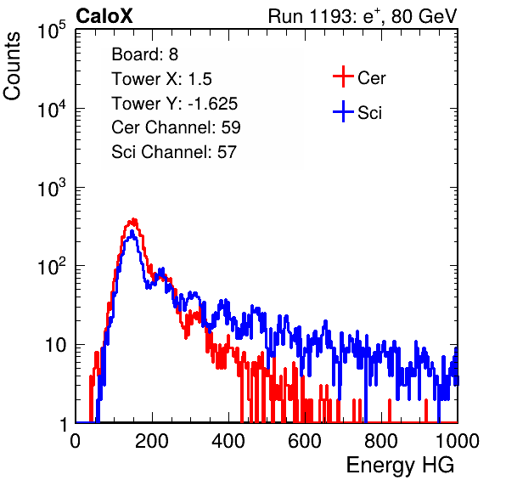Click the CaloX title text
tap(104, 16)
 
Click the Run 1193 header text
tap(363, 16)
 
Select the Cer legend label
tap(371, 78)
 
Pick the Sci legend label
tap(369, 113)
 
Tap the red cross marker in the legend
tap(343, 76)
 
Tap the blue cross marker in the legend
tap(343, 111)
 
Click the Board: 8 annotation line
tap(145, 54)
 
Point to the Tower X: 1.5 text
tap(161, 79)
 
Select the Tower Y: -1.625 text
tap(175, 104)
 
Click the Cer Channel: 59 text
tap(177, 127)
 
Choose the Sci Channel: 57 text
tap(174, 152)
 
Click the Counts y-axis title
tap(12, 66)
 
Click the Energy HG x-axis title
tap(401, 466)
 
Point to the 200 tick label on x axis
tap(152, 441)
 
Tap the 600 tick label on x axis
tap(305, 441)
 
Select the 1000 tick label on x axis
tap(458, 441)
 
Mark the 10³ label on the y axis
tap(52, 188)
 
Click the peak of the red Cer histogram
tap(133, 219)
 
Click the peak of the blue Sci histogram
tap(132, 232)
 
